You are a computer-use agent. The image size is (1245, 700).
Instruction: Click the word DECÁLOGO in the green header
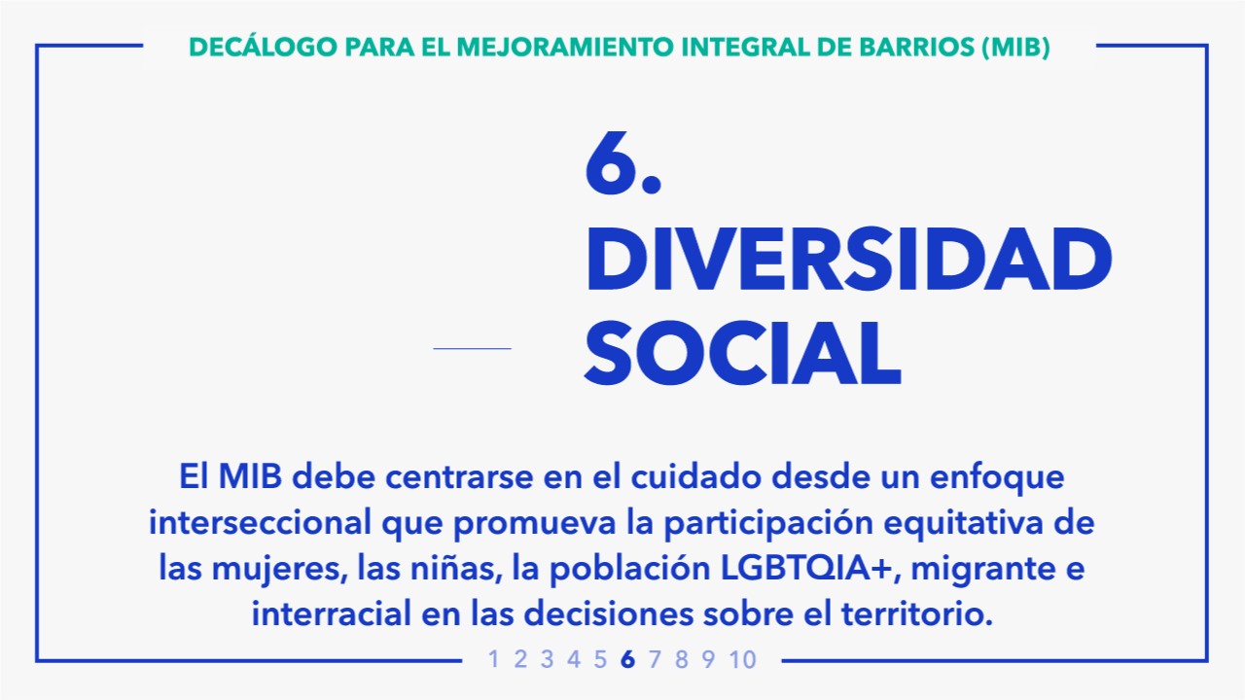263,47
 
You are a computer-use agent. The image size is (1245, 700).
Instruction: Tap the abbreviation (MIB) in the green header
1016,48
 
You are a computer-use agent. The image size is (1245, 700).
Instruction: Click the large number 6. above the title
622,164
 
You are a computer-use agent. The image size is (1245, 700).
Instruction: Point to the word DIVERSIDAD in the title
849,259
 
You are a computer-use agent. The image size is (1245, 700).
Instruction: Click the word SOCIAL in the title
742,353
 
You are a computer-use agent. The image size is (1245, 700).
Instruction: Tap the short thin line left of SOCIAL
472,348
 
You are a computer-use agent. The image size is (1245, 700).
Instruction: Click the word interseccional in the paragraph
260,522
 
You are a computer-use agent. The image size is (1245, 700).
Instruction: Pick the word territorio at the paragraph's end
917,613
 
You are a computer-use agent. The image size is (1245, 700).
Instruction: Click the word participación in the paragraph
768,524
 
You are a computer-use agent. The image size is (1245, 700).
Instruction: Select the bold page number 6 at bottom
627,659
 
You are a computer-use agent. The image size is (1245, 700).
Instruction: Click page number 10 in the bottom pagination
743,659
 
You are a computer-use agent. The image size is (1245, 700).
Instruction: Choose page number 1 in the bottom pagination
493,659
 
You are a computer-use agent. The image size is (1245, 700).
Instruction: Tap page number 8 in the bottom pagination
682,659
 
